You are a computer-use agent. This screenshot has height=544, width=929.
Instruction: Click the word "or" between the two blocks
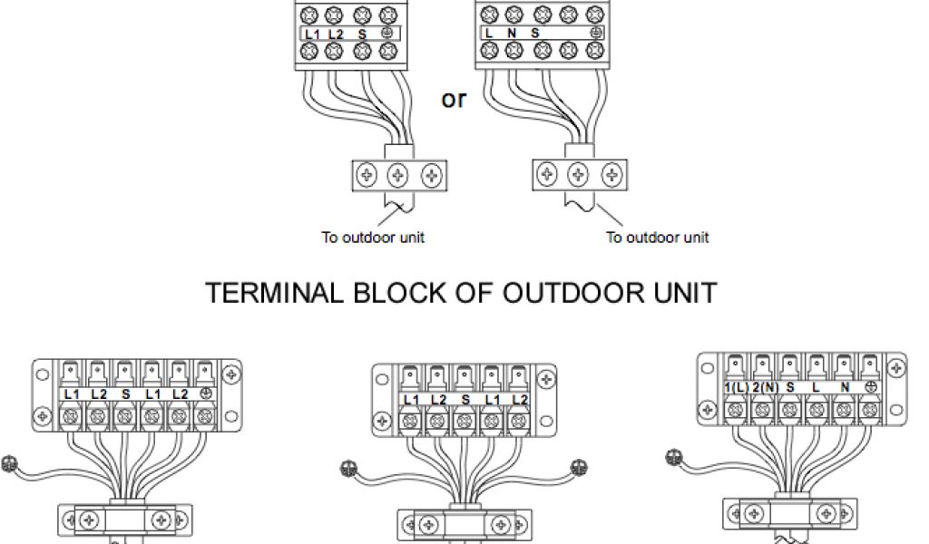(454, 99)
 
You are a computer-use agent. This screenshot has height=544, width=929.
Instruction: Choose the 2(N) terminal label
(765, 387)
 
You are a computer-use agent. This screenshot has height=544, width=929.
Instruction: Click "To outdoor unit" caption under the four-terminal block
(373, 238)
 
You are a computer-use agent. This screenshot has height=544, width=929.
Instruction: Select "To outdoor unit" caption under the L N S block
(658, 238)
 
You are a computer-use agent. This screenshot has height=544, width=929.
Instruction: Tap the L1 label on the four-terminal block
(313, 34)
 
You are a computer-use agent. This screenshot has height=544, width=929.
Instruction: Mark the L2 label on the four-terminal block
(337, 34)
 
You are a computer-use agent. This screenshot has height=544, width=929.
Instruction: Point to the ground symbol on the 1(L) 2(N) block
(869, 387)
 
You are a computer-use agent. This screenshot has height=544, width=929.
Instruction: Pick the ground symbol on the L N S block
(595, 34)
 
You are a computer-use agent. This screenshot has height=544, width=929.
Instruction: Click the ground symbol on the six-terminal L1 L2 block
(204, 394)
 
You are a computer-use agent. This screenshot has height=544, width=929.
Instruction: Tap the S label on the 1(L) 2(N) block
(791, 387)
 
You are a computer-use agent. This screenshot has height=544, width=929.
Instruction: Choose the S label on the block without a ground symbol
(465, 400)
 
